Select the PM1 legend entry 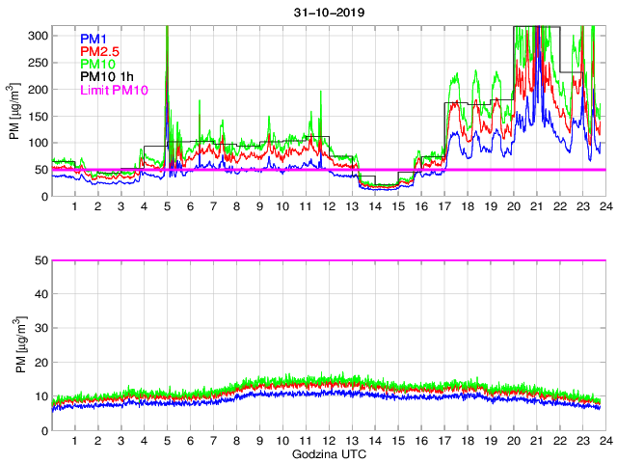[x=93, y=39]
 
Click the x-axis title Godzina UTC [x=327, y=453]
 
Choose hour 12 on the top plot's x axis [x=328, y=207]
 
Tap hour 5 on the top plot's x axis [x=167, y=207]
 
